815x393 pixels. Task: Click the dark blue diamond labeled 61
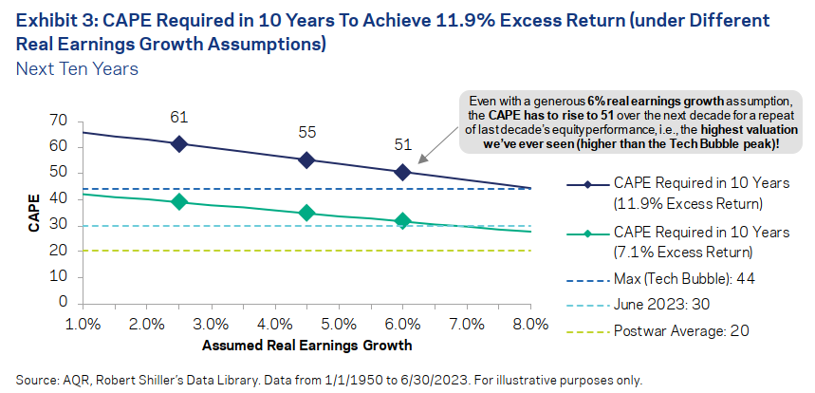click(179, 143)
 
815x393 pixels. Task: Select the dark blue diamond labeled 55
click(306, 160)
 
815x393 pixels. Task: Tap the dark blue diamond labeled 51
click(402, 172)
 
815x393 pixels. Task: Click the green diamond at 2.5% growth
click(179, 201)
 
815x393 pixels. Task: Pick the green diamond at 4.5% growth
click(306, 214)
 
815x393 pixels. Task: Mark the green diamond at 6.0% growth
click(402, 221)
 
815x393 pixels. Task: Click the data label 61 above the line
click(179, 117)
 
